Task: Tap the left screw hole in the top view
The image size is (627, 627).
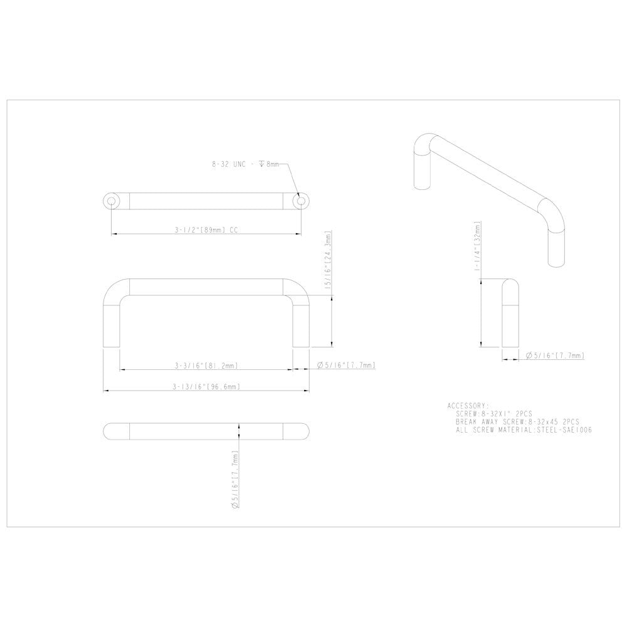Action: coord(112,201)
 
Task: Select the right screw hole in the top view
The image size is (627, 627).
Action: coord(301,201)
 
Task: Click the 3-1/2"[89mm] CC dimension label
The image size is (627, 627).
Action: coord(206,230)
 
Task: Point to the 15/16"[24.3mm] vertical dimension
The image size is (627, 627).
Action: coord(329,260)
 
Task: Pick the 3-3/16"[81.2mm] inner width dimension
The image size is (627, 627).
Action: coord(206,366)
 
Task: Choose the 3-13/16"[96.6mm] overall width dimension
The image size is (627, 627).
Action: coord(206,387)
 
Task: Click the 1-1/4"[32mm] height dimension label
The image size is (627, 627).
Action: coord(477,246)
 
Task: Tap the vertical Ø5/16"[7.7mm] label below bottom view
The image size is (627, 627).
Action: coord(235,480)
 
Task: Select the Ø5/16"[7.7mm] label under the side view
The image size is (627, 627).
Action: coord(556,356)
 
